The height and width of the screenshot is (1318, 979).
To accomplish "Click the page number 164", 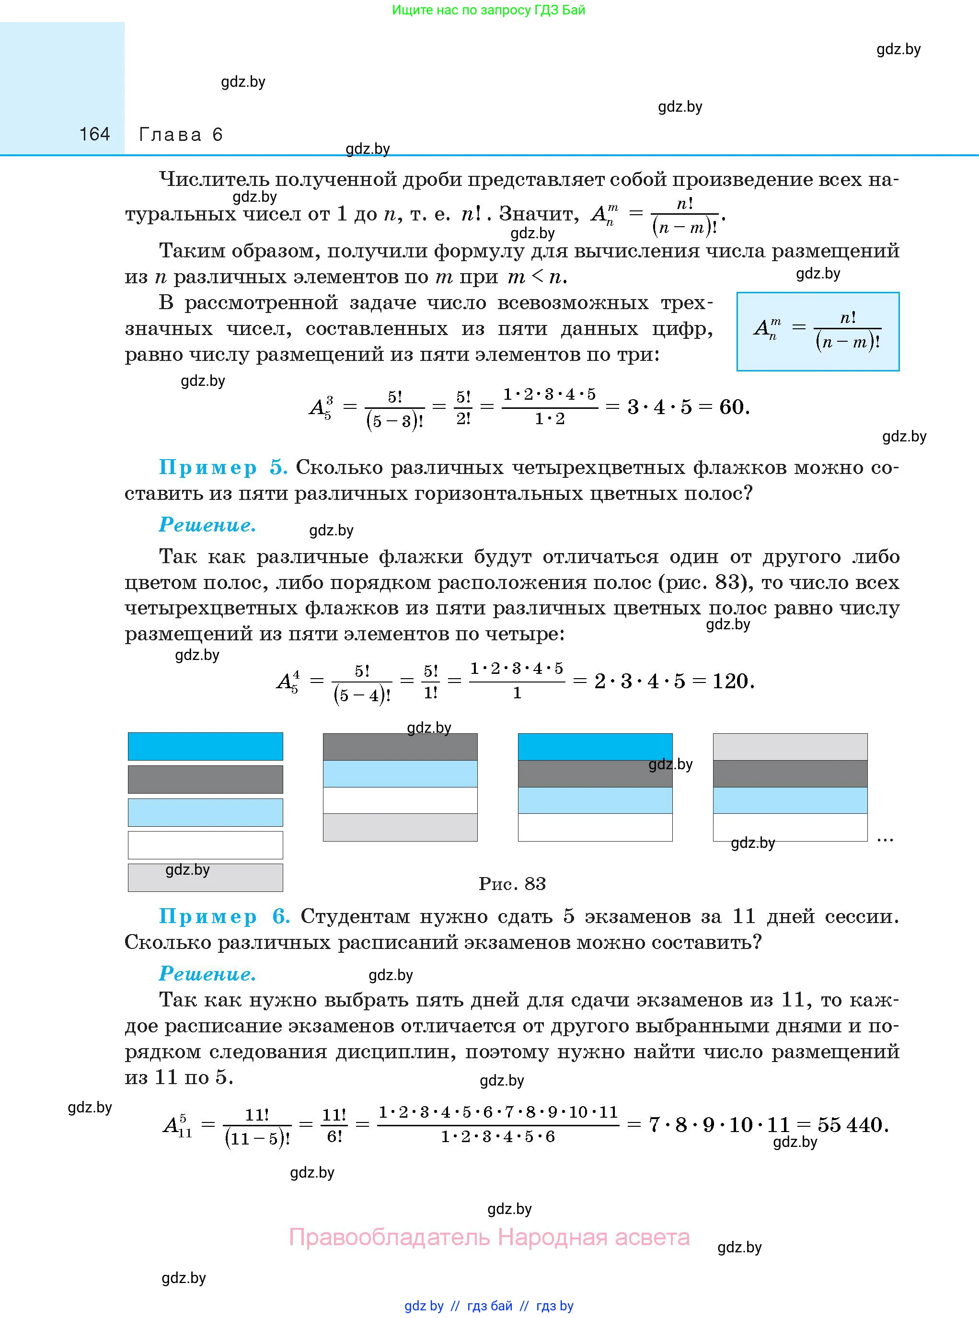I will (x=95, y=135).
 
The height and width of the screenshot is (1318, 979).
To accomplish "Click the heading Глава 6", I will (x=181, y=135).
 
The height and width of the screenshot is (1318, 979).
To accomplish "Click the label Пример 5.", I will (x=223, y=468).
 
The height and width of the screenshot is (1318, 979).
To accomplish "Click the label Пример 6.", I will (x=224, y=916).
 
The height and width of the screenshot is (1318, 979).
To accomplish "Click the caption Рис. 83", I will (x=512, y=884).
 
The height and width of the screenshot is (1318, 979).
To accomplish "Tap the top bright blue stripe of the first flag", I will (x=205, y=746).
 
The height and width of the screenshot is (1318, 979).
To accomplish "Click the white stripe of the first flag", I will (x=205, y=844).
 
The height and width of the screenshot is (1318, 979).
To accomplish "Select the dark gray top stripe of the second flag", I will (x=400, y=747).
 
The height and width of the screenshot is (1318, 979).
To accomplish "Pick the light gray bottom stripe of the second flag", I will (x=400, y=827).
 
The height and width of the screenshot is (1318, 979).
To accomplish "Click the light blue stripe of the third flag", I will (x=595, y=800).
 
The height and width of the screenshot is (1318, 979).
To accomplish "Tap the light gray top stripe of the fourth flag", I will (x=790, y=747).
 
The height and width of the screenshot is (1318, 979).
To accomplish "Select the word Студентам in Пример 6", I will (x=355, y=916).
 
